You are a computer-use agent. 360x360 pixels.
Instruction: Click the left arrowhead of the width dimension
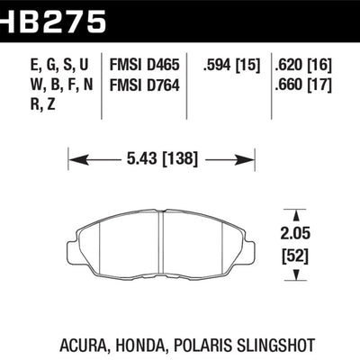(x=76, y=160)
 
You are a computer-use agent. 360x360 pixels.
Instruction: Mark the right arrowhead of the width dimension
(x=244, y=160)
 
